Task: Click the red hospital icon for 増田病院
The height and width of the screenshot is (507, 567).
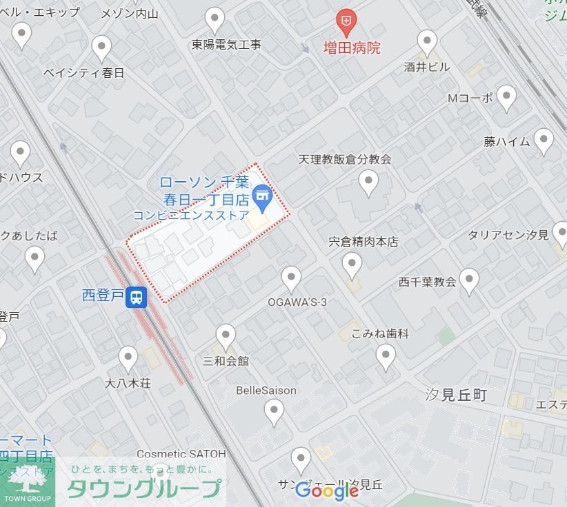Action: [346, 23]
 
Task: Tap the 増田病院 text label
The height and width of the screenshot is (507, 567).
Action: [352, 48]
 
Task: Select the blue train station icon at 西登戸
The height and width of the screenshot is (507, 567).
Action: [138, 297]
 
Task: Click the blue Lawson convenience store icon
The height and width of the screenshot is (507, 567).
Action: [261, 196]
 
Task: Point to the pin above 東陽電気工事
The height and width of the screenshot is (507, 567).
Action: [215, 20]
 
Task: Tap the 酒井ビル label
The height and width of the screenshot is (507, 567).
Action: [426, 67]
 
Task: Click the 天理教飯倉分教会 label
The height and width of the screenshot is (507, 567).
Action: [345, 159]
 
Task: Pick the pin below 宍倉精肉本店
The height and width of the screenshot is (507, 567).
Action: [352, 264]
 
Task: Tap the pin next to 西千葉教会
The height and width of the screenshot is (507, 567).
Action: [469, 280]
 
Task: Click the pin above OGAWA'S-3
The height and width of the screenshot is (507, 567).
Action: [291, 278]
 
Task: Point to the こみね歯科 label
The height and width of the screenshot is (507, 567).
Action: [380, 333]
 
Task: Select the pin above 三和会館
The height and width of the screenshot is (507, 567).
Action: [226, 336]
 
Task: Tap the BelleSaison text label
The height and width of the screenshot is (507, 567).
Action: [266, 391]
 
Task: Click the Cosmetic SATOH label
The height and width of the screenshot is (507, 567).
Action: [181, 454]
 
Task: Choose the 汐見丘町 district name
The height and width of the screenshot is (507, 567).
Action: [457, 395]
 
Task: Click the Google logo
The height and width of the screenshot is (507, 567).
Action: [327, 490]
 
